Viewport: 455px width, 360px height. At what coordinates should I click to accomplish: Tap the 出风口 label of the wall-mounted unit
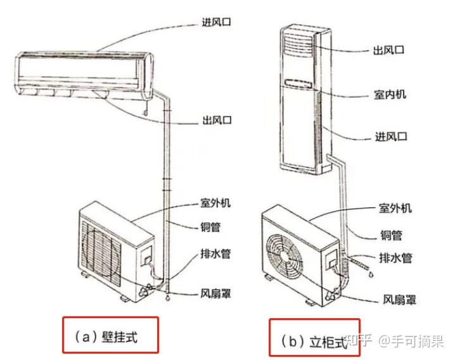(215, 120)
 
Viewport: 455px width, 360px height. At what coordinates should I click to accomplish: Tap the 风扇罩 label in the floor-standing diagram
(399, 299)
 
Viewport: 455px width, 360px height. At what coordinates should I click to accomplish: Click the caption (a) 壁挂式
(110, 337)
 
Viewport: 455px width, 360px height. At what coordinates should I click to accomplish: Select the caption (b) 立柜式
(314, 342)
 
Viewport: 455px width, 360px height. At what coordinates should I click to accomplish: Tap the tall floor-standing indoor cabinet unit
(305, 101)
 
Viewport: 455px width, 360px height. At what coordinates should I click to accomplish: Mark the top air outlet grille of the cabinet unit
(299, 45)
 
